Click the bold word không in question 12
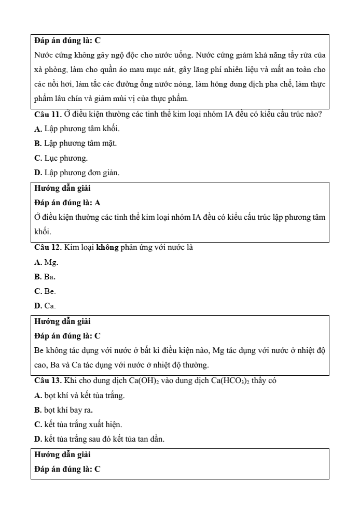pos(108,247)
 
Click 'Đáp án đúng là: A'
pos(67,203)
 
